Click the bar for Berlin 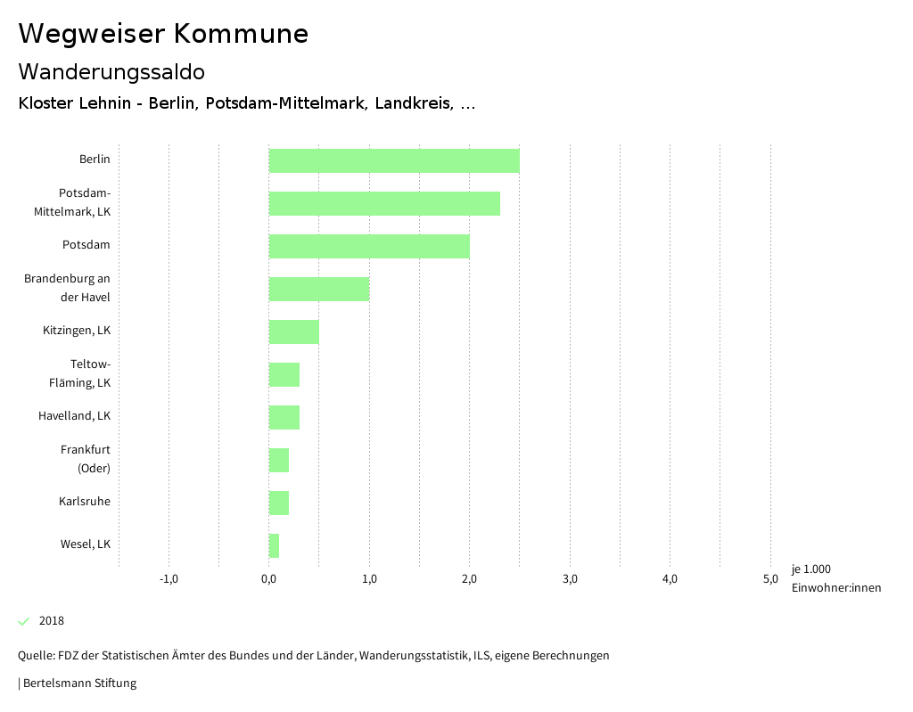point(393,160)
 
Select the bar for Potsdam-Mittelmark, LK point(384,203)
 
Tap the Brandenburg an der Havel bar point(318,289)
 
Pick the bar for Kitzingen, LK point(293,331)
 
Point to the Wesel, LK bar point(274,545)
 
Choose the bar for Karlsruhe point(278,503)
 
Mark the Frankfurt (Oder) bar point(278,460)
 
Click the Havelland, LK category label point(74,416)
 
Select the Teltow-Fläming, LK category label point(79,373)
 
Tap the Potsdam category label point(86,245)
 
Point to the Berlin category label point(95,160)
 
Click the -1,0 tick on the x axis point(169,579)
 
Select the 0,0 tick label point(269,579)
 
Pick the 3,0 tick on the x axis point(570,579)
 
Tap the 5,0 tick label point(770,579)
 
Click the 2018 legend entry point(51,621)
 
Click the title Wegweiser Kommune point(163,34)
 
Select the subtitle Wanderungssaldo point(111,72)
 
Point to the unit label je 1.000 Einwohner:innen point(835,578)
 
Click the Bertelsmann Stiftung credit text point(78,683)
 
